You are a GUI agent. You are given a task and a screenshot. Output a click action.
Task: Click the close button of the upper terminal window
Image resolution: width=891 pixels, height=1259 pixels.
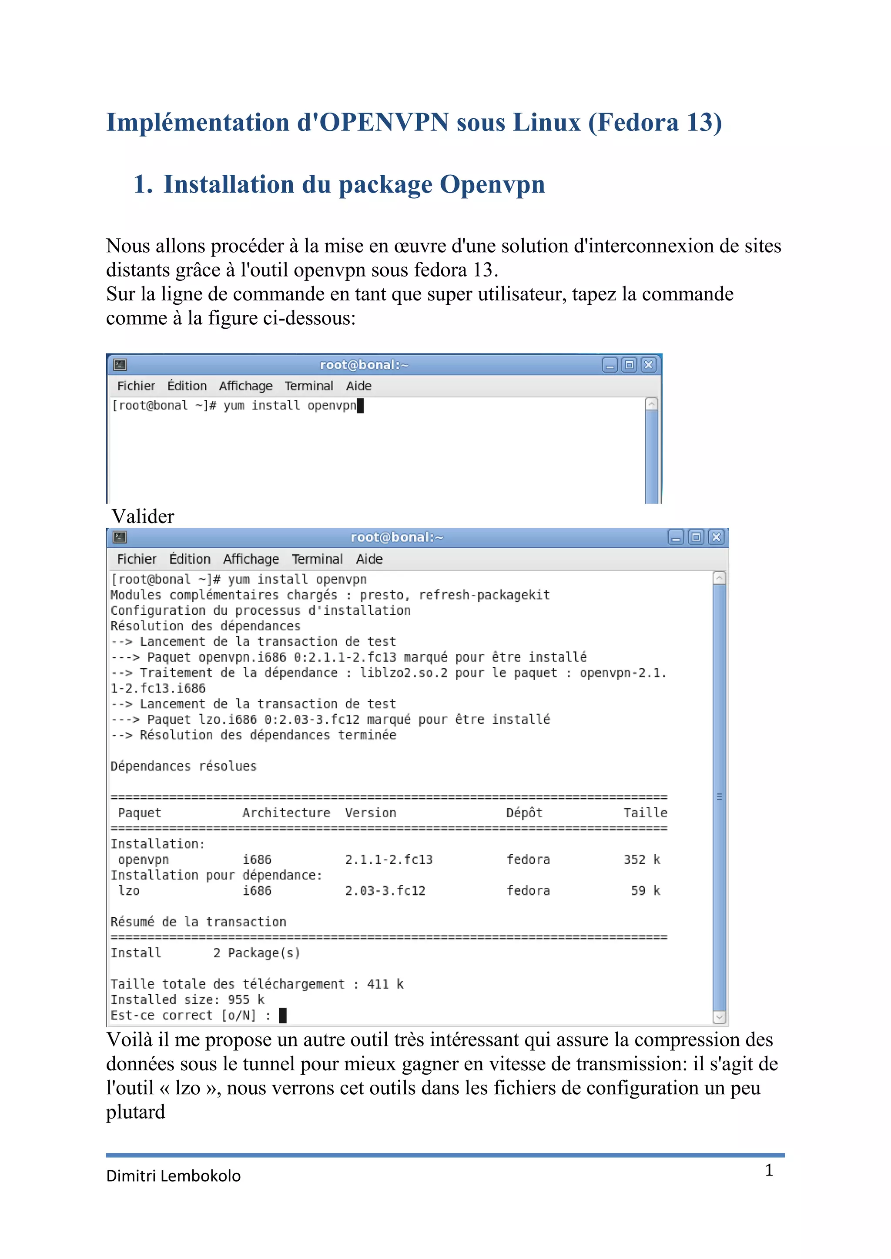pos(649,365)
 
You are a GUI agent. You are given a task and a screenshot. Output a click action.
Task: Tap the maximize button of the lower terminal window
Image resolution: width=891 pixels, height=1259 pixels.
pos(696,537)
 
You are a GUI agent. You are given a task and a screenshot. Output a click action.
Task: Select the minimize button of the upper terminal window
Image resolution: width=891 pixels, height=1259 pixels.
pos(610,365)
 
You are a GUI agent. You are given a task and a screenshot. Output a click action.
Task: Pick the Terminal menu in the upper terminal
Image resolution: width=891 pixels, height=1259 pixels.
pos(308,386)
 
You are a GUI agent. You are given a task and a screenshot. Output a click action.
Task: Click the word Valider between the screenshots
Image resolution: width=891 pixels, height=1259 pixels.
pos(143,516)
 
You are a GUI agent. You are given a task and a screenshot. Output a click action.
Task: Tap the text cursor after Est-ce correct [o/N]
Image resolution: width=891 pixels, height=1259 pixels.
pos(282,1016)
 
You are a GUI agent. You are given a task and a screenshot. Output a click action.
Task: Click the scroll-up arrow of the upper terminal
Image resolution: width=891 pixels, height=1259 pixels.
pos(651,404)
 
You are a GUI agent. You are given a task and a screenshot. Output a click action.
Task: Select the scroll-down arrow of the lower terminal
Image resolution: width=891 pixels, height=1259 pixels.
pos(719,1017)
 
